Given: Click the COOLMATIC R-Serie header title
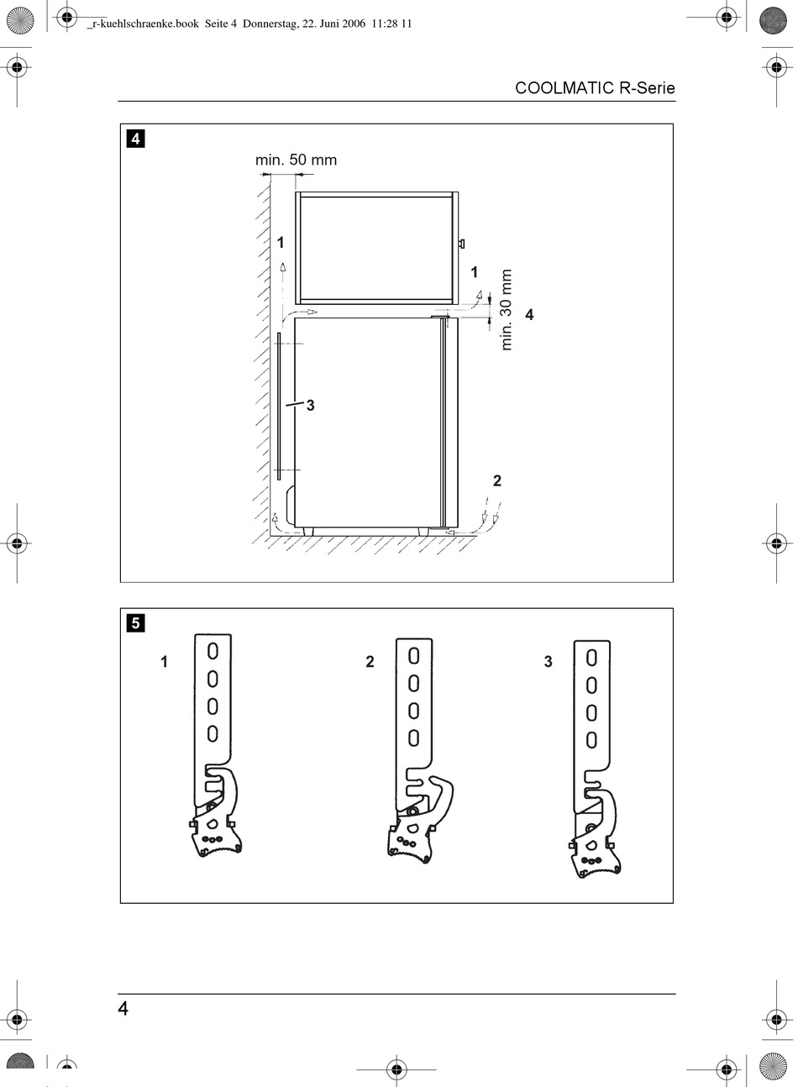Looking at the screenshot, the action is (595, 88).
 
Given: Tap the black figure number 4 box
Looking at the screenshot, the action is (136, 139).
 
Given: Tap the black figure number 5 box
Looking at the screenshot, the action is (136, 622).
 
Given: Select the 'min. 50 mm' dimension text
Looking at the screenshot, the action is (296, 160).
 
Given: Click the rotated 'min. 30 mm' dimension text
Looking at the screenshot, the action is (506, 310).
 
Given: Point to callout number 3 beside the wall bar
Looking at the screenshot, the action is (311, 405).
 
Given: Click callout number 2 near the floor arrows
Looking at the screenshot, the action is (496, 480).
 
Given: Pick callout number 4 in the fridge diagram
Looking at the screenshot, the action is (529, 314).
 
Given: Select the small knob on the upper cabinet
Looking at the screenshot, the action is (461, 243).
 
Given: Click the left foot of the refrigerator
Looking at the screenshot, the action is (308, 532).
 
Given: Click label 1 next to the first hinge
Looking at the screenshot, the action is (164, 661).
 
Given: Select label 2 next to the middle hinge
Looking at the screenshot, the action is (370, 661).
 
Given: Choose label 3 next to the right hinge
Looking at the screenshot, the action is (549, 661).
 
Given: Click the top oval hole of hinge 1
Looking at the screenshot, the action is (213, 651).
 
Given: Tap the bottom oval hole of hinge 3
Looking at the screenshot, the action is (591, 740).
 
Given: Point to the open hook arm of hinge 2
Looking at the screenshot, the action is (446, 798).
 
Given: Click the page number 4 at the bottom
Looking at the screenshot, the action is (123, 1008).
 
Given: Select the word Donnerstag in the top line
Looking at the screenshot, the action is (270, 24).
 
